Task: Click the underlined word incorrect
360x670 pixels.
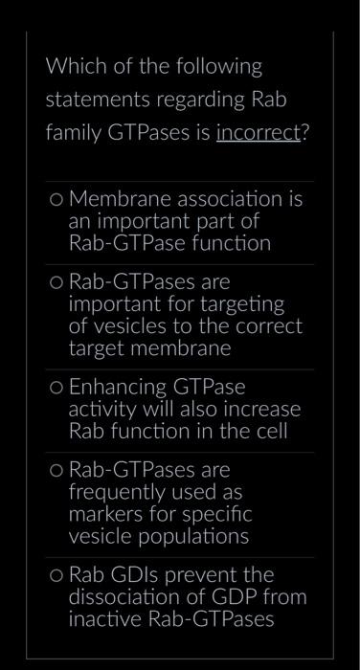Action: [258, 133]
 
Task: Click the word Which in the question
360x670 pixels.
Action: [73, 67]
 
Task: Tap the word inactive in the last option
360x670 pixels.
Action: [102, 618]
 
